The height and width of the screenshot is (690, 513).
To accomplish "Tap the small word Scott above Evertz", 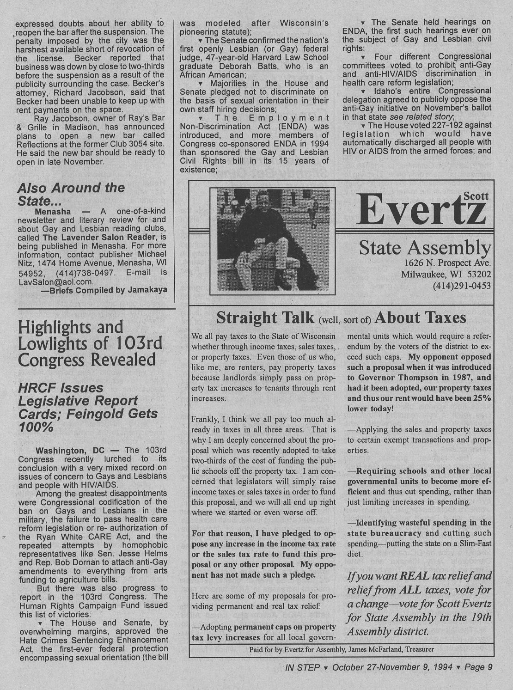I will (x=476, y=196).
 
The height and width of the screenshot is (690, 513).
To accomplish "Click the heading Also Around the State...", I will (x=71, y=194).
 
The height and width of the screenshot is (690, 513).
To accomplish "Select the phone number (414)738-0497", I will (x=85, y=272).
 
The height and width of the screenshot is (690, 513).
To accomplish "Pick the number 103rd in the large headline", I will (x=139, y=343).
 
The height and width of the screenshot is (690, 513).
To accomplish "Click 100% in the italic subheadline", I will (x=35, y=427).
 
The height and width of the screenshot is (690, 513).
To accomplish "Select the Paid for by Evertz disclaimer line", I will (x=341, y=649).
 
